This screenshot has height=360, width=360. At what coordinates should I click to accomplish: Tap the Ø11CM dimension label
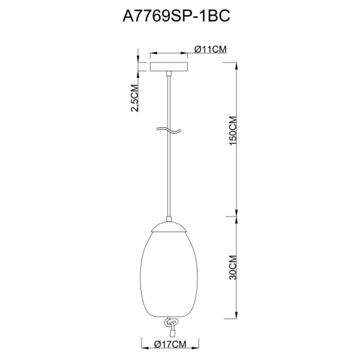point(210,50)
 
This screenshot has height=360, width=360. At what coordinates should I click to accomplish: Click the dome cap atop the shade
point(169,226)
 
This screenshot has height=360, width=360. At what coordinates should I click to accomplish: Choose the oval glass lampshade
point(169,270)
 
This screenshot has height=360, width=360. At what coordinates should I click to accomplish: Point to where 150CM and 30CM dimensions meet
point(235,217)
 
